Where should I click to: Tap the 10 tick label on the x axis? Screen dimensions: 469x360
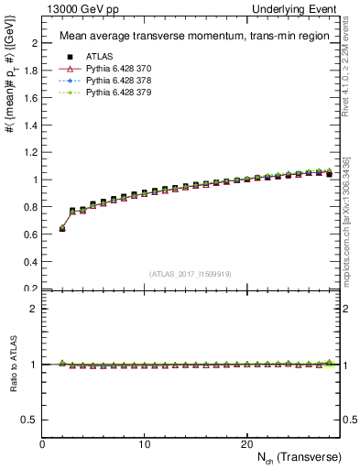(x=145, y=444)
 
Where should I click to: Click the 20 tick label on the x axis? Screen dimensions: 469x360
(x=246, y=444)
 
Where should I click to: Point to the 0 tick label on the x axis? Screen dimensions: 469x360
(x=43, y=444)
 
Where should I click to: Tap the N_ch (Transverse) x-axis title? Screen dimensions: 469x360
(x=297, y=457)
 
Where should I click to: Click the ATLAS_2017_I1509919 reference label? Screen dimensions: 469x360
(x=191, y=274)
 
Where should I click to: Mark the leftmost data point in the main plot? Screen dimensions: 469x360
(x=62, y=228)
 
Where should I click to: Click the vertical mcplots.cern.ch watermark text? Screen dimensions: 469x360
(x=347, y=220)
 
